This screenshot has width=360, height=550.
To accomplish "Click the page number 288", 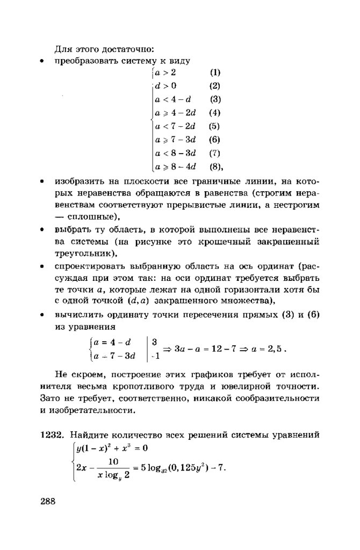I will pos(48,502).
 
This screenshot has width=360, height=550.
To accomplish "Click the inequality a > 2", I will pos(165,73).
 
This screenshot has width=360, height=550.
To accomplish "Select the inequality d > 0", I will pos(165,86).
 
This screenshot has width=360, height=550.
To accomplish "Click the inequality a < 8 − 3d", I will pos(175,153).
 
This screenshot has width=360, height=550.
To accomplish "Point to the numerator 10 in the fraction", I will pos(113,461).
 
